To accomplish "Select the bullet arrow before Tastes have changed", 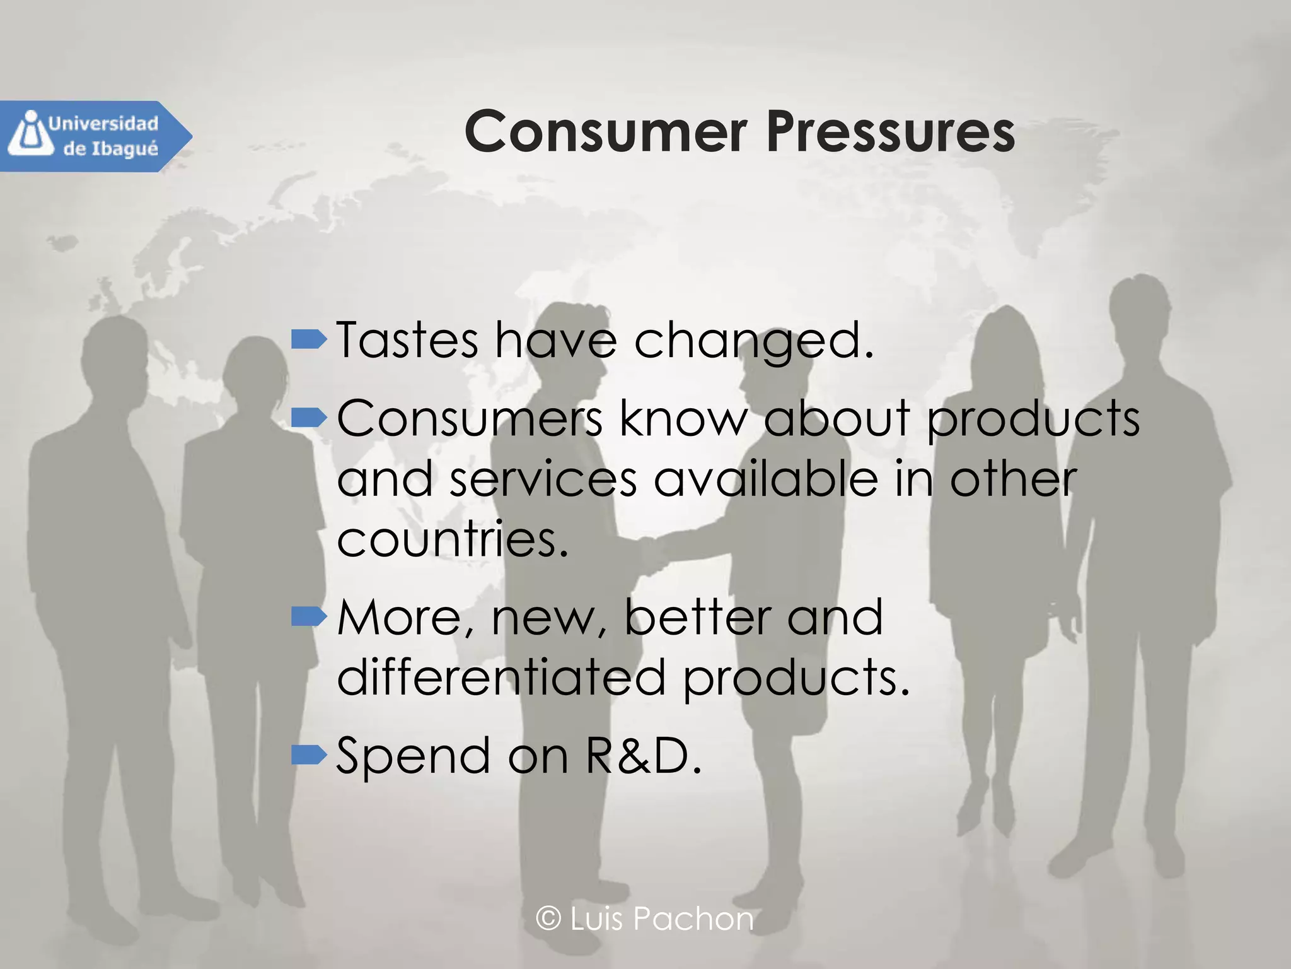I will [309, 340].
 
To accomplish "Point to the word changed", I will [753, 341].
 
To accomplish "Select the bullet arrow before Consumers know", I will [309, 416].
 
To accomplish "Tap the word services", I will [543, 479].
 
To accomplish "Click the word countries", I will [452, 539].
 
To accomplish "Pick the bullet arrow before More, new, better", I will [309, 616].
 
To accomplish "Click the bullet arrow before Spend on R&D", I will [309, 754].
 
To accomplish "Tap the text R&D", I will [642, 755].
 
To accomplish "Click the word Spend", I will [413, 756].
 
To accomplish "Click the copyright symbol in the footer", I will [548, 919].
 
